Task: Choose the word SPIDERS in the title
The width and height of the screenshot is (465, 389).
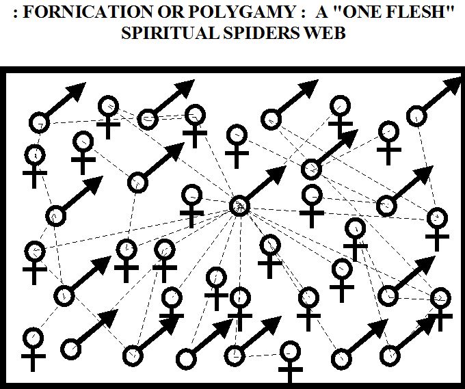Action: pyautogui.click(x=252, y=34)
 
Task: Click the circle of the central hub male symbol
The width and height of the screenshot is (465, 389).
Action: pyautogui.click(x=239, y=204)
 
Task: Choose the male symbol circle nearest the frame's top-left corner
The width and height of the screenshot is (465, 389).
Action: pyautogui.click(x=39, y=123)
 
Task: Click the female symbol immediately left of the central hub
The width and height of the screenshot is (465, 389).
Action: pyautogui.click(x=192, y=203)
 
